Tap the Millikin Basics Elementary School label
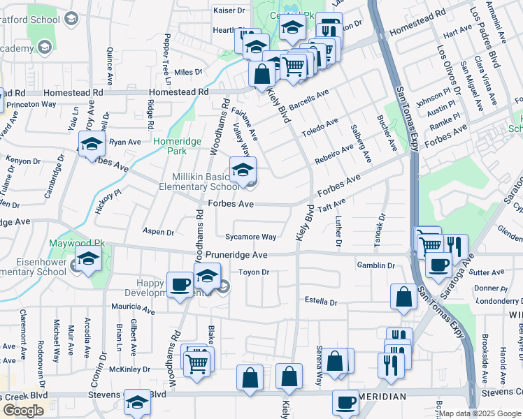[x=206, y=182]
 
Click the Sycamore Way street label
[x=250, y=237]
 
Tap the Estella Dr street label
[x=321, y=302]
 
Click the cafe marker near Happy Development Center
[x=180, y=285]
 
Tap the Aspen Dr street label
[x=157, y=232]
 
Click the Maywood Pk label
[x=71, y=244]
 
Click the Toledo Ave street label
[x=320, y=126]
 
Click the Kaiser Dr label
[x=229, y=11]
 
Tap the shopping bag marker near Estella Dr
[x=403, y=297]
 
